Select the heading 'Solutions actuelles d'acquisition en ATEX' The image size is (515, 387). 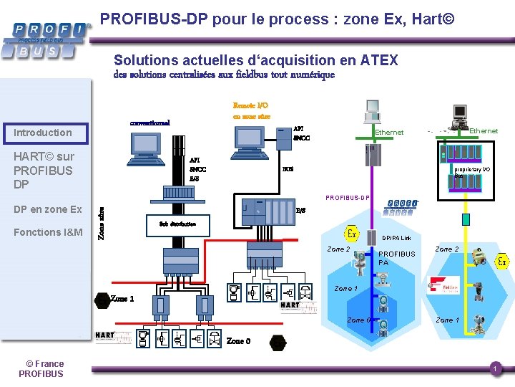pos(255,61)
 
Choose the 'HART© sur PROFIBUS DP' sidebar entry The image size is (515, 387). pos(43,171)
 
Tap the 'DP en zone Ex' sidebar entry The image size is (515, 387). pos(47,209)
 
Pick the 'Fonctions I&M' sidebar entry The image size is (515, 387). pos(48,232)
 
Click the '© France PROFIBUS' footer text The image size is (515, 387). pos(41,368)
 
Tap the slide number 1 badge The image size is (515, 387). pos(494,368)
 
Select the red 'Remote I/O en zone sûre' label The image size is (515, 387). pos(251,110)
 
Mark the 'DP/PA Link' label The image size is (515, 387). pos(396,238)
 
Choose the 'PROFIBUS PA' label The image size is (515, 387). pos(396,258)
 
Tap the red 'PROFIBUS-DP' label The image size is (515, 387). pos(348,197)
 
